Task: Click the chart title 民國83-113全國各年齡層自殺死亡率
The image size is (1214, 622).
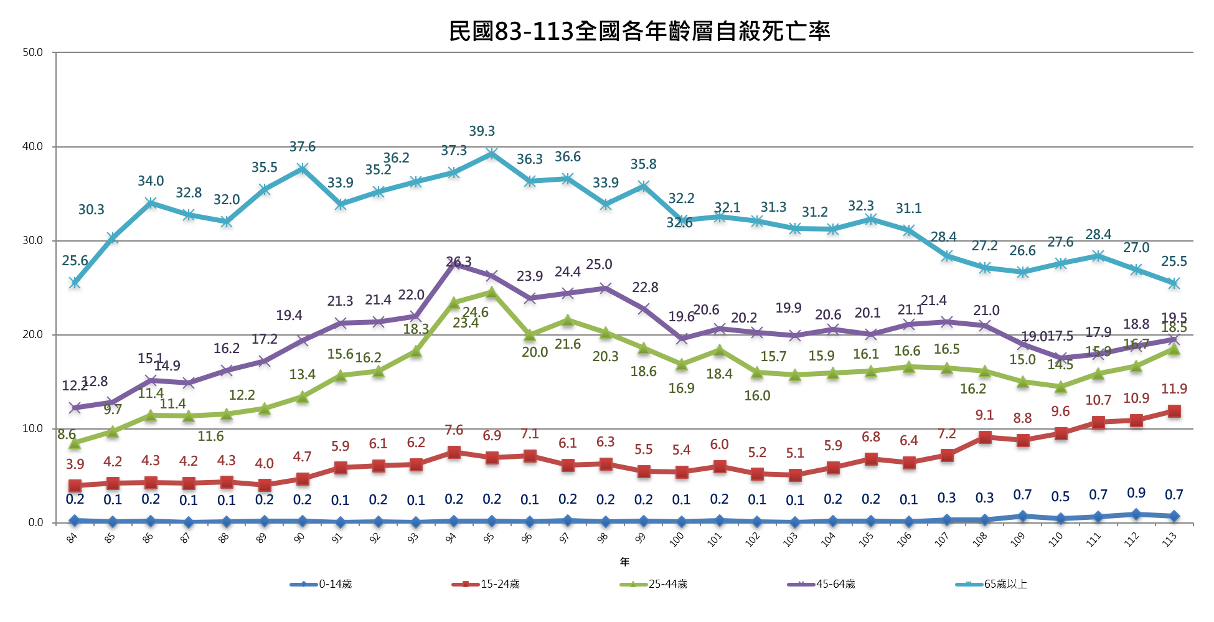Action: [639, 31]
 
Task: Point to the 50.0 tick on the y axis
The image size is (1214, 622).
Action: [32, 53]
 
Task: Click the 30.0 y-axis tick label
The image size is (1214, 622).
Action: [32, 241]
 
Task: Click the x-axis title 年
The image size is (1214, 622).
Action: [624, 562]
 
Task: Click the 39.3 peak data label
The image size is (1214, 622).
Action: [482, 131]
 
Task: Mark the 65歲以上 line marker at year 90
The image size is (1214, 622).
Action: [303, 169]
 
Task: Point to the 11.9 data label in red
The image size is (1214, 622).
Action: [1174, 389]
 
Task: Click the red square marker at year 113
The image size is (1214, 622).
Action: [1174, 411]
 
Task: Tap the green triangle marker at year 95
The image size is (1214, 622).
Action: [492, 291]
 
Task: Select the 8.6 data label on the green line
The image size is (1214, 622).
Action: [67, 435]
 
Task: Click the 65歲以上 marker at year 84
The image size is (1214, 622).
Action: [75, 283]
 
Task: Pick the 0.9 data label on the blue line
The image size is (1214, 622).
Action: [1136, 493]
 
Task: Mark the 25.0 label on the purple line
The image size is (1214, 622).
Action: [599, 265]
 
